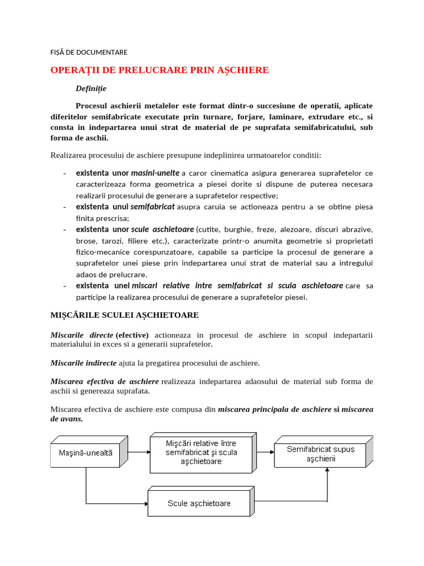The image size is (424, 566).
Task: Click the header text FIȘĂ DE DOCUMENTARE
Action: coord(88,53)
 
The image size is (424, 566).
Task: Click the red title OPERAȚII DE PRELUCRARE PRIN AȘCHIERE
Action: coord(160,70)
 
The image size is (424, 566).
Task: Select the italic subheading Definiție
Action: coord(91,88)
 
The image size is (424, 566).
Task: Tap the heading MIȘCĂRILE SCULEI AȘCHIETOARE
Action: coord(124,315)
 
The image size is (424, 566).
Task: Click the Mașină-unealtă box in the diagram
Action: coord(86,452)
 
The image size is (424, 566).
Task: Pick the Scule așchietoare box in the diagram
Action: coord(199,503)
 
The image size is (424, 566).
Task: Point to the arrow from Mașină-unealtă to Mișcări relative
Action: coord(139,452)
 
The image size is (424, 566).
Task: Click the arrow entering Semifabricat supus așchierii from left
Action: coord(267,452)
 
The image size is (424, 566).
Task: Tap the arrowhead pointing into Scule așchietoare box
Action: coord(145,503)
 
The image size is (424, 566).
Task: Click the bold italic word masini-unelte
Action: coord(155,173)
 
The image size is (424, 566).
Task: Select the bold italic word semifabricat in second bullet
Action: coord(152,207)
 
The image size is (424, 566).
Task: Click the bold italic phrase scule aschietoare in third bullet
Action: coord(162,229)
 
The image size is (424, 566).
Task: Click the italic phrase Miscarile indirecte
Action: coord(83,363)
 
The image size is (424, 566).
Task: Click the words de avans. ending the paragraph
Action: coord(67,418)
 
